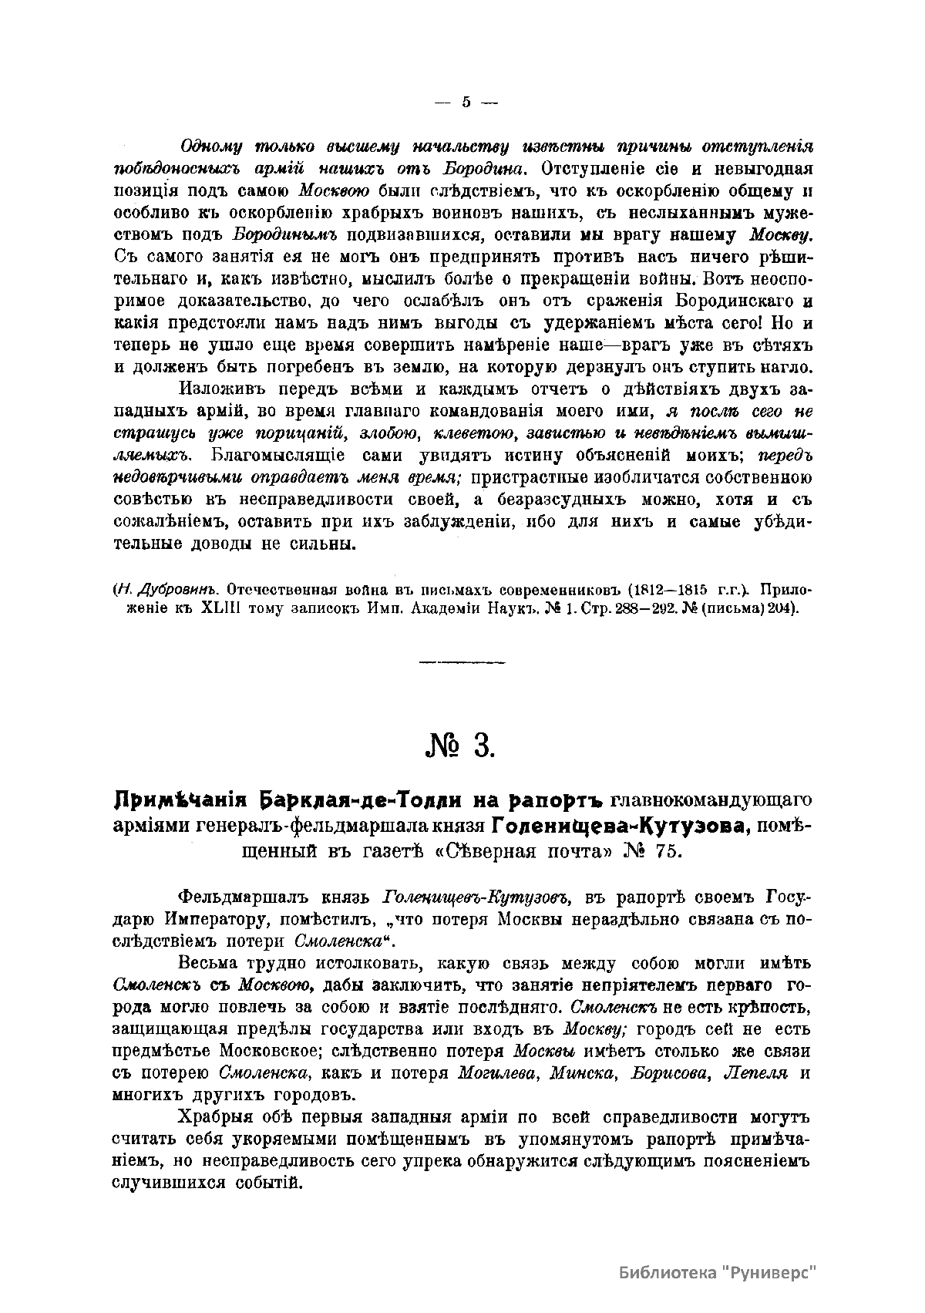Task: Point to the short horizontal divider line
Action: (x=462, y=662)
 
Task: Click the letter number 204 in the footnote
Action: (x=780, y=608)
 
